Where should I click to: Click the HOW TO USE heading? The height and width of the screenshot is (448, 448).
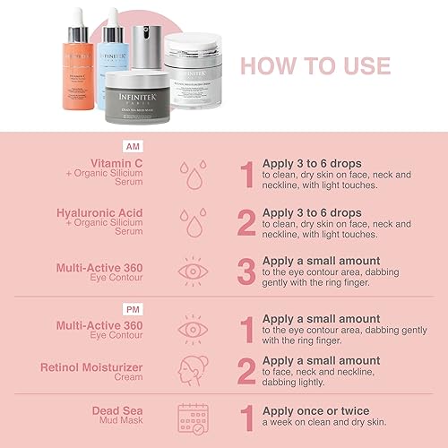[x=315, y=66]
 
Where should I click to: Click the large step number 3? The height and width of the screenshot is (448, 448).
[x=246, y=271]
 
